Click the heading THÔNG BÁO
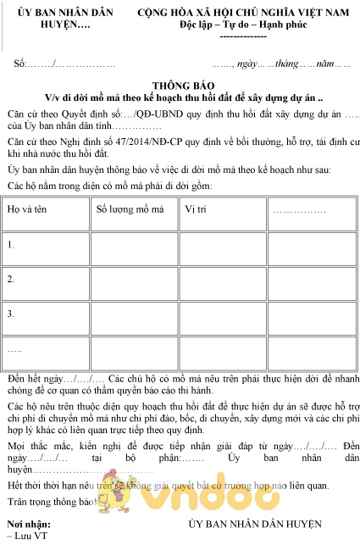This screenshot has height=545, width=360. (180, 86)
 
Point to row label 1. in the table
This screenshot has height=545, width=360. (11, 245)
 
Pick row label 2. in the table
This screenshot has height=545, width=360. (11, 279)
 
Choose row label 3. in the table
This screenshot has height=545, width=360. (11, 314)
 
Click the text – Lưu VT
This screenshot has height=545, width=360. (27, 537)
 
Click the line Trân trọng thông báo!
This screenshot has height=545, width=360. (53, 502)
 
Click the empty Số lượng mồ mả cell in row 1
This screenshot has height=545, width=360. (134, 245)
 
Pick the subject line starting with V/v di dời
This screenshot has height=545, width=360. (180, 97)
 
